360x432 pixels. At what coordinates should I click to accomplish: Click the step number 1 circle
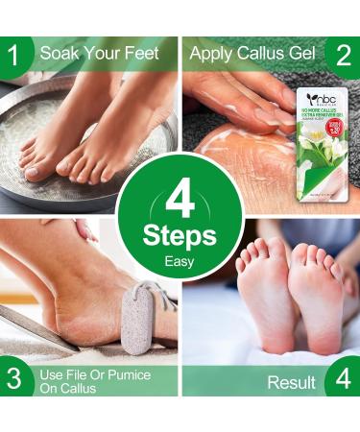(13, 54)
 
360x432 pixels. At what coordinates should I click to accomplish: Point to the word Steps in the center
(180, 235)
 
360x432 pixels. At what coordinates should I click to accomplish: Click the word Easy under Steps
(180, 260)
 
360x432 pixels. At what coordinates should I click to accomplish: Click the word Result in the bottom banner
(292, 382)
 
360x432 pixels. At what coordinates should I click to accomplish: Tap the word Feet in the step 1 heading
(140, 54)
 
